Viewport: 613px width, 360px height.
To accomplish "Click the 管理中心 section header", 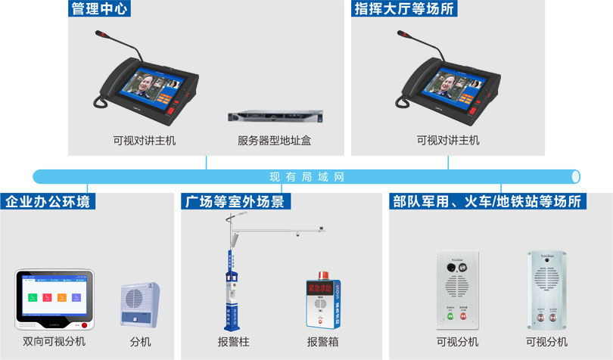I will coord(100,10).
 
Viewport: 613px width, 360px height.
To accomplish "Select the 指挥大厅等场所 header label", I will coord(405,10).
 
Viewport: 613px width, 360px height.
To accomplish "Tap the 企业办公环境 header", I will coord(48,202).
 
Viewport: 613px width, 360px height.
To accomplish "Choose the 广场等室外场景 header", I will coord(236,202).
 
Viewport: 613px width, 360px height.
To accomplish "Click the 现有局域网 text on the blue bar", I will coord(306,177).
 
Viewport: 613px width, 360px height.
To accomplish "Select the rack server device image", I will coord(275,117).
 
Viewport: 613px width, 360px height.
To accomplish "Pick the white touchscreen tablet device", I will coord(54,298).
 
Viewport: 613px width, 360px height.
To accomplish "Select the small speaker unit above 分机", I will coord(140,303).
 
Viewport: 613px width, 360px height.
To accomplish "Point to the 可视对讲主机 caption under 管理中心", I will coord(145,141).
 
